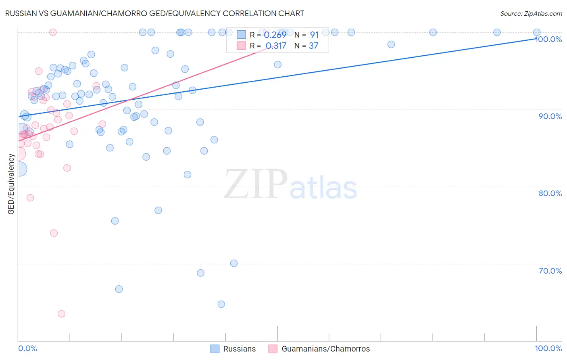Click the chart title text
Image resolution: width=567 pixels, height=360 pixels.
154,13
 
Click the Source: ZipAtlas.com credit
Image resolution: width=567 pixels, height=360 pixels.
531,13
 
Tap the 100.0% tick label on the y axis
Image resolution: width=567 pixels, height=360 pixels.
549,39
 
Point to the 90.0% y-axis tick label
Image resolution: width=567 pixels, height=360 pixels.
550,116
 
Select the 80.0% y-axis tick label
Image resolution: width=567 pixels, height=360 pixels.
550,193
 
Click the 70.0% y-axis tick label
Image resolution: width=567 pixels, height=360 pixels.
550,270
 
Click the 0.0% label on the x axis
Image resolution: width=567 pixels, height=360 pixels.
27,348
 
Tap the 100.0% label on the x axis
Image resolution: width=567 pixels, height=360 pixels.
548,348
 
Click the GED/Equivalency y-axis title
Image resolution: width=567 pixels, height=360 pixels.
11,184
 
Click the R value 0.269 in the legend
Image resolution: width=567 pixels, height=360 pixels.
275,35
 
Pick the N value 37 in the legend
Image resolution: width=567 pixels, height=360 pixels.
313,46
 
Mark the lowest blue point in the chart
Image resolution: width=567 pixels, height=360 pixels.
221,304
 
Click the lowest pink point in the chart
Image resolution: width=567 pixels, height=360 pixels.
61,314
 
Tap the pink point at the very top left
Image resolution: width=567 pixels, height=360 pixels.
53,32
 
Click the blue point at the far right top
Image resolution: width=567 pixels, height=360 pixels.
537,32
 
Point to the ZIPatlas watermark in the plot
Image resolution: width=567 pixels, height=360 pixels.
290,185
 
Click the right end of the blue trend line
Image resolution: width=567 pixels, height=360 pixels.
536,39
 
